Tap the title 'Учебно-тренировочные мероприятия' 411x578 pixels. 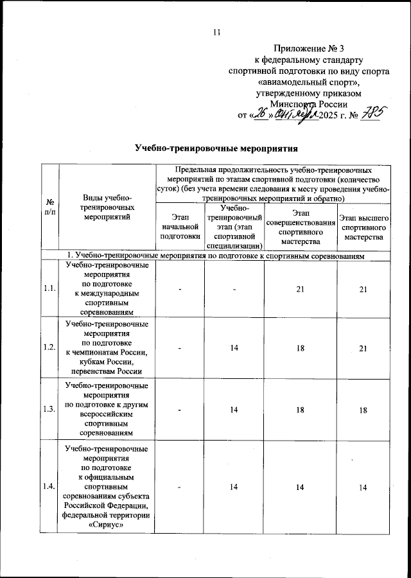click(216, 148)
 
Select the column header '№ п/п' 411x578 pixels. click(49, 207)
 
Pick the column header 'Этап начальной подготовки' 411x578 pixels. click(180, 226)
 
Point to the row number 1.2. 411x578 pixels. click(49, 347)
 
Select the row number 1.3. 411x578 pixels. click(49, 410)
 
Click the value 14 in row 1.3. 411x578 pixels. click(234, 410)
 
